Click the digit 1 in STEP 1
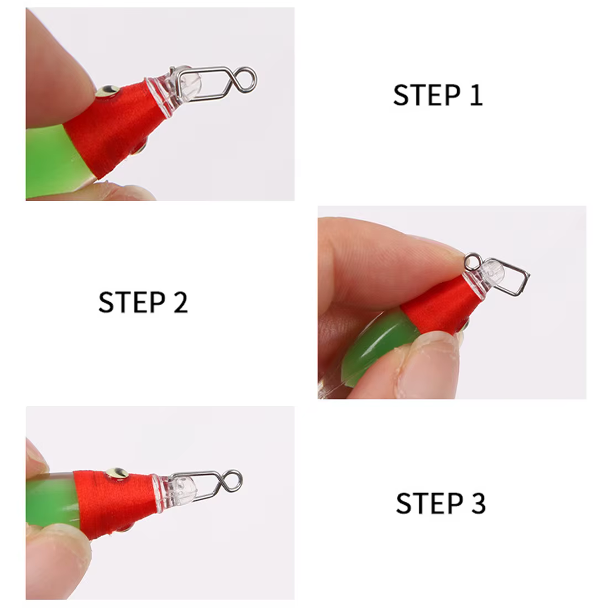pyautogui.click(x=476, y=95)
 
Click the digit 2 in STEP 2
pyautogui.click(x=181, y=302)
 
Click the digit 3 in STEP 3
pyautogui.click(x=479, y=504)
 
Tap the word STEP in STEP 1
pyautogui.click(x=427, y=95)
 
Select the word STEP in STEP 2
pyautogui.click(x=132, y=302)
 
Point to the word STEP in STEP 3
pyautogui.click(x=429, y=504)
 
